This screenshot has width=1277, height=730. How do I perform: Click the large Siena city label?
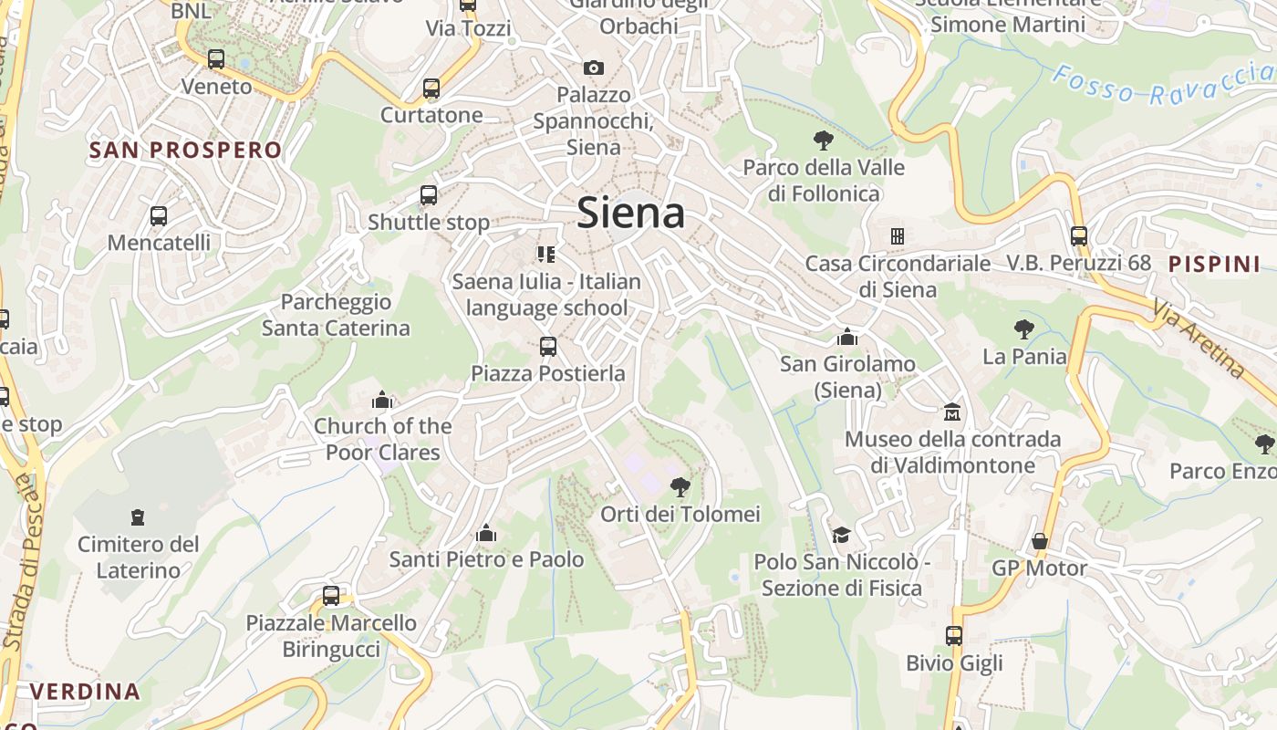(631, 213)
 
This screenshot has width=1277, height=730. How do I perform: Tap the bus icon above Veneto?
(216, 59)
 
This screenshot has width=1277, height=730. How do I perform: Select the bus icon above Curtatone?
(431, 89)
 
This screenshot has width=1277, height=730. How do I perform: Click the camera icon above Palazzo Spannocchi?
(594, 68)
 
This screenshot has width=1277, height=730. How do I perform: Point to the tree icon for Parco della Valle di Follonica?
(824, 140)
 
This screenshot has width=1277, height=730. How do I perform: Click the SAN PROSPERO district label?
(185, 151)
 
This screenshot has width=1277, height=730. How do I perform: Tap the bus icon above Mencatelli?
(159, 216)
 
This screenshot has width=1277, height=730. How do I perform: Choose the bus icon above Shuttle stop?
(429, 194)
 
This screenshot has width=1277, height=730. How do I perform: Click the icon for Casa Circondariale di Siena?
(898, 236)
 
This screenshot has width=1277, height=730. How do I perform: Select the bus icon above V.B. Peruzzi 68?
(1079, 235)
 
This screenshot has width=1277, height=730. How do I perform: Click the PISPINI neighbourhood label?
(1214, 265)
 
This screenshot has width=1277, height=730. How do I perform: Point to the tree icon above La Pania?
(1024, 329)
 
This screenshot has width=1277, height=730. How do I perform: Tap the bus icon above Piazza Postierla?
(548, 347)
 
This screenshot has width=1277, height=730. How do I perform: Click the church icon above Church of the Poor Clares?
(382, 400)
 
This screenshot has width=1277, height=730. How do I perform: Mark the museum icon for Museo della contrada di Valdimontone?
(952, 412)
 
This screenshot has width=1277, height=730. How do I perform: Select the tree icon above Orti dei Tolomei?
(680, 486)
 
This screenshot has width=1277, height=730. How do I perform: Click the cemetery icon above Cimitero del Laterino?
(138, 517)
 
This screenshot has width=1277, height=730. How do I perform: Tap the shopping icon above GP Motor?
(1039, 541)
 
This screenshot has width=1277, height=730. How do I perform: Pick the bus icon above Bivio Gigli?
(954, 636)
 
